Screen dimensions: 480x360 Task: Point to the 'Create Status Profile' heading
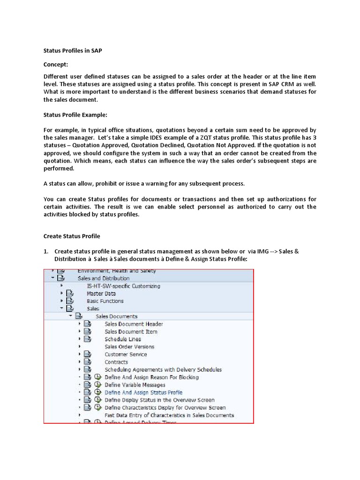(x=72, y=236)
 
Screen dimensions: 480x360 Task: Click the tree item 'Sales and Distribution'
(x=103, y=278)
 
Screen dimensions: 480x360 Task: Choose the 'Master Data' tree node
(x=101, y=293)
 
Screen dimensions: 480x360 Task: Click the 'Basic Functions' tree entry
(x=105, y=301)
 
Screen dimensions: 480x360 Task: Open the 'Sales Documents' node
(x=116, y=316)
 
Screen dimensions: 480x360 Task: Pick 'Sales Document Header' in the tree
(x=134, y=324)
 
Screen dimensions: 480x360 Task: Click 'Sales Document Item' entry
(x=131, y=331)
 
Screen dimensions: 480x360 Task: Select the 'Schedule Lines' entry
(x=122, y=339)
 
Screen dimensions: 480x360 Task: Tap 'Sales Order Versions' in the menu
(x=129, y=346)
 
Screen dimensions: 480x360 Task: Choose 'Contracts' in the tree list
(x=116, y=362)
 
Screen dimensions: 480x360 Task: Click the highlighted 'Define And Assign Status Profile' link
(x=143, y=392)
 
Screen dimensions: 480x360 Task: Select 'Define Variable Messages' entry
(x=135, y=385)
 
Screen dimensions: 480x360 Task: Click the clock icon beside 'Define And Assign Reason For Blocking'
(x=97, y=377)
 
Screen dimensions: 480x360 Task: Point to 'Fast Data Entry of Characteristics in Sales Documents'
(x=169, y=415)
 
